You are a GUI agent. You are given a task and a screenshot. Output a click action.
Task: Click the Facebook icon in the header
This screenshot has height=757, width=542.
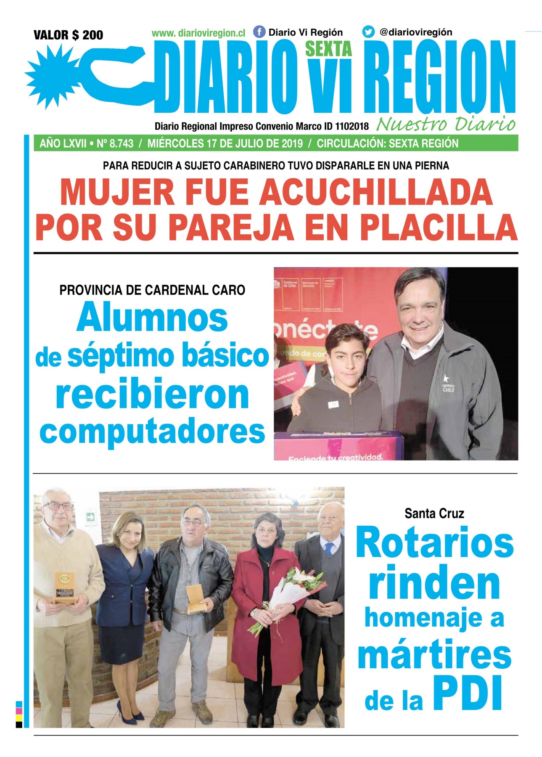coord(259,32)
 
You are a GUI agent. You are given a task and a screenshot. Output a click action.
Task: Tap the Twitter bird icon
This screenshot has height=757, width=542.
coord(368,32)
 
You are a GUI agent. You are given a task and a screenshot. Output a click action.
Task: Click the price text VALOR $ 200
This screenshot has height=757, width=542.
coord(68,35)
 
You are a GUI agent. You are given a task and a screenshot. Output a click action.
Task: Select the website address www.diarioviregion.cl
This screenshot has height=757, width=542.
coord(198,33)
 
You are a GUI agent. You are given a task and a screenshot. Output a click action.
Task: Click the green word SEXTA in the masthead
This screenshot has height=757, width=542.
coord(328,50)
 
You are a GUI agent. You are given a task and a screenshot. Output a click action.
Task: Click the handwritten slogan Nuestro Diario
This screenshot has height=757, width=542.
coord(446,124)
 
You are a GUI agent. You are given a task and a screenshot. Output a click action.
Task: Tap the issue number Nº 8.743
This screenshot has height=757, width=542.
coord(115,143)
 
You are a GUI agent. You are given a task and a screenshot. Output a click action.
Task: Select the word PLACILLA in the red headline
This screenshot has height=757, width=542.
coord(439,228)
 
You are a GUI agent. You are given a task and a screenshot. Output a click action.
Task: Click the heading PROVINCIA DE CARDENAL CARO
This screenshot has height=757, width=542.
coord(152,290)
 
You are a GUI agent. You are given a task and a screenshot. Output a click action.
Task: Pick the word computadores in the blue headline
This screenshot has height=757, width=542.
coord(152,431)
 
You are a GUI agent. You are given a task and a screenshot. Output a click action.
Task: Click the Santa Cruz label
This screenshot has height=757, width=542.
coord(434,513)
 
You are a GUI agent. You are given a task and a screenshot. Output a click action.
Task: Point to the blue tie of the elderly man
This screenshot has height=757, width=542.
coord(328,549)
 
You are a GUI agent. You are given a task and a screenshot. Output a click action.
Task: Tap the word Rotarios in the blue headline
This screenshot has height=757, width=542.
coord(434,543)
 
